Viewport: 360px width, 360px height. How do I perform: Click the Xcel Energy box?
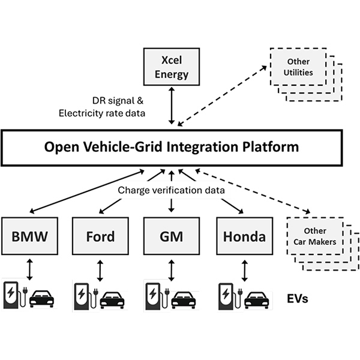172,68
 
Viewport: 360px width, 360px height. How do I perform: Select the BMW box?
29,236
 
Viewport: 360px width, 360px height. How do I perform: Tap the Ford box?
100,236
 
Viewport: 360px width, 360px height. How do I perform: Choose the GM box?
172,236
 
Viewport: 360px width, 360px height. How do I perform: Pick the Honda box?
244,236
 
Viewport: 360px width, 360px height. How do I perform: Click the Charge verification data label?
171,190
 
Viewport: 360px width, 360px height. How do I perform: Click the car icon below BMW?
41,298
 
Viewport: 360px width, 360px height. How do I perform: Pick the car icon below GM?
184,298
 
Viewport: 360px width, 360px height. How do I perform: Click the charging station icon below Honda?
226,296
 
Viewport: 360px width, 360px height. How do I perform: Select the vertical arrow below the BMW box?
29,268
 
